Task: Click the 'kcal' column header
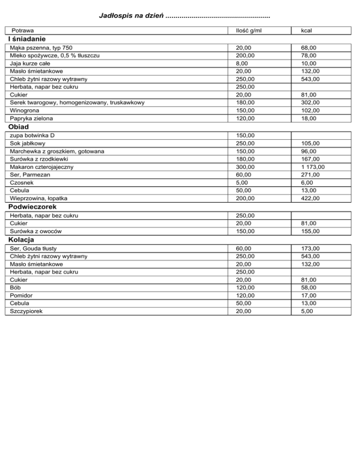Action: [307, 30]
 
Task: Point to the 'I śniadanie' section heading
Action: [26, 39]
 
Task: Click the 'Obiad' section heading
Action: [18, 127]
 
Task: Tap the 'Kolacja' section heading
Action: [22, 240]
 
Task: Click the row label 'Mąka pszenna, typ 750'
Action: [41, 47]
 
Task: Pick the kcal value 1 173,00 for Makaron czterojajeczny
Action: [313, 166]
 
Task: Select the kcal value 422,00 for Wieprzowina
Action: [310, 198]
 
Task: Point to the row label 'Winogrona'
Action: [25, 110]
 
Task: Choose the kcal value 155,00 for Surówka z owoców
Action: [310, 231]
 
